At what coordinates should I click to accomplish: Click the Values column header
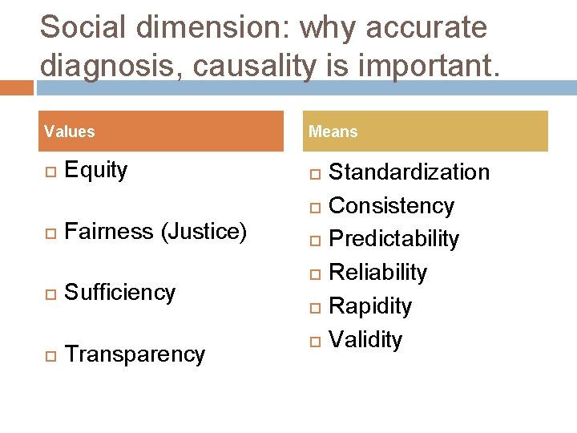tap(70, 132)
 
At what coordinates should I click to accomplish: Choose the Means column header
tap(333, 132)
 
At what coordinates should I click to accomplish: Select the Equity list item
tap(96, 170)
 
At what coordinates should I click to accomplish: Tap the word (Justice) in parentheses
tap(204, 232)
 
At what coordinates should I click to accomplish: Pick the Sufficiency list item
tap(120, 293)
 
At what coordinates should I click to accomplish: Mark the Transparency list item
tap(135, 354)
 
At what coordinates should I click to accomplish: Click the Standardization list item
tap(410, 172)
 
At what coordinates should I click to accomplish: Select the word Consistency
tap(392, 206)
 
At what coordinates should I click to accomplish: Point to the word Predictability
tap(394, 239)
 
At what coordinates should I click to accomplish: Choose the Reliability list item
tap(378, 273)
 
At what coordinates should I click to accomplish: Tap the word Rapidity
tap(371, 306)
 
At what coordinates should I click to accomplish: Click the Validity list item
tap(366, 340)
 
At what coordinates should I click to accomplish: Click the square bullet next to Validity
tap(315, 342)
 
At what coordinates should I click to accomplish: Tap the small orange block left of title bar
tap(16, 87)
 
